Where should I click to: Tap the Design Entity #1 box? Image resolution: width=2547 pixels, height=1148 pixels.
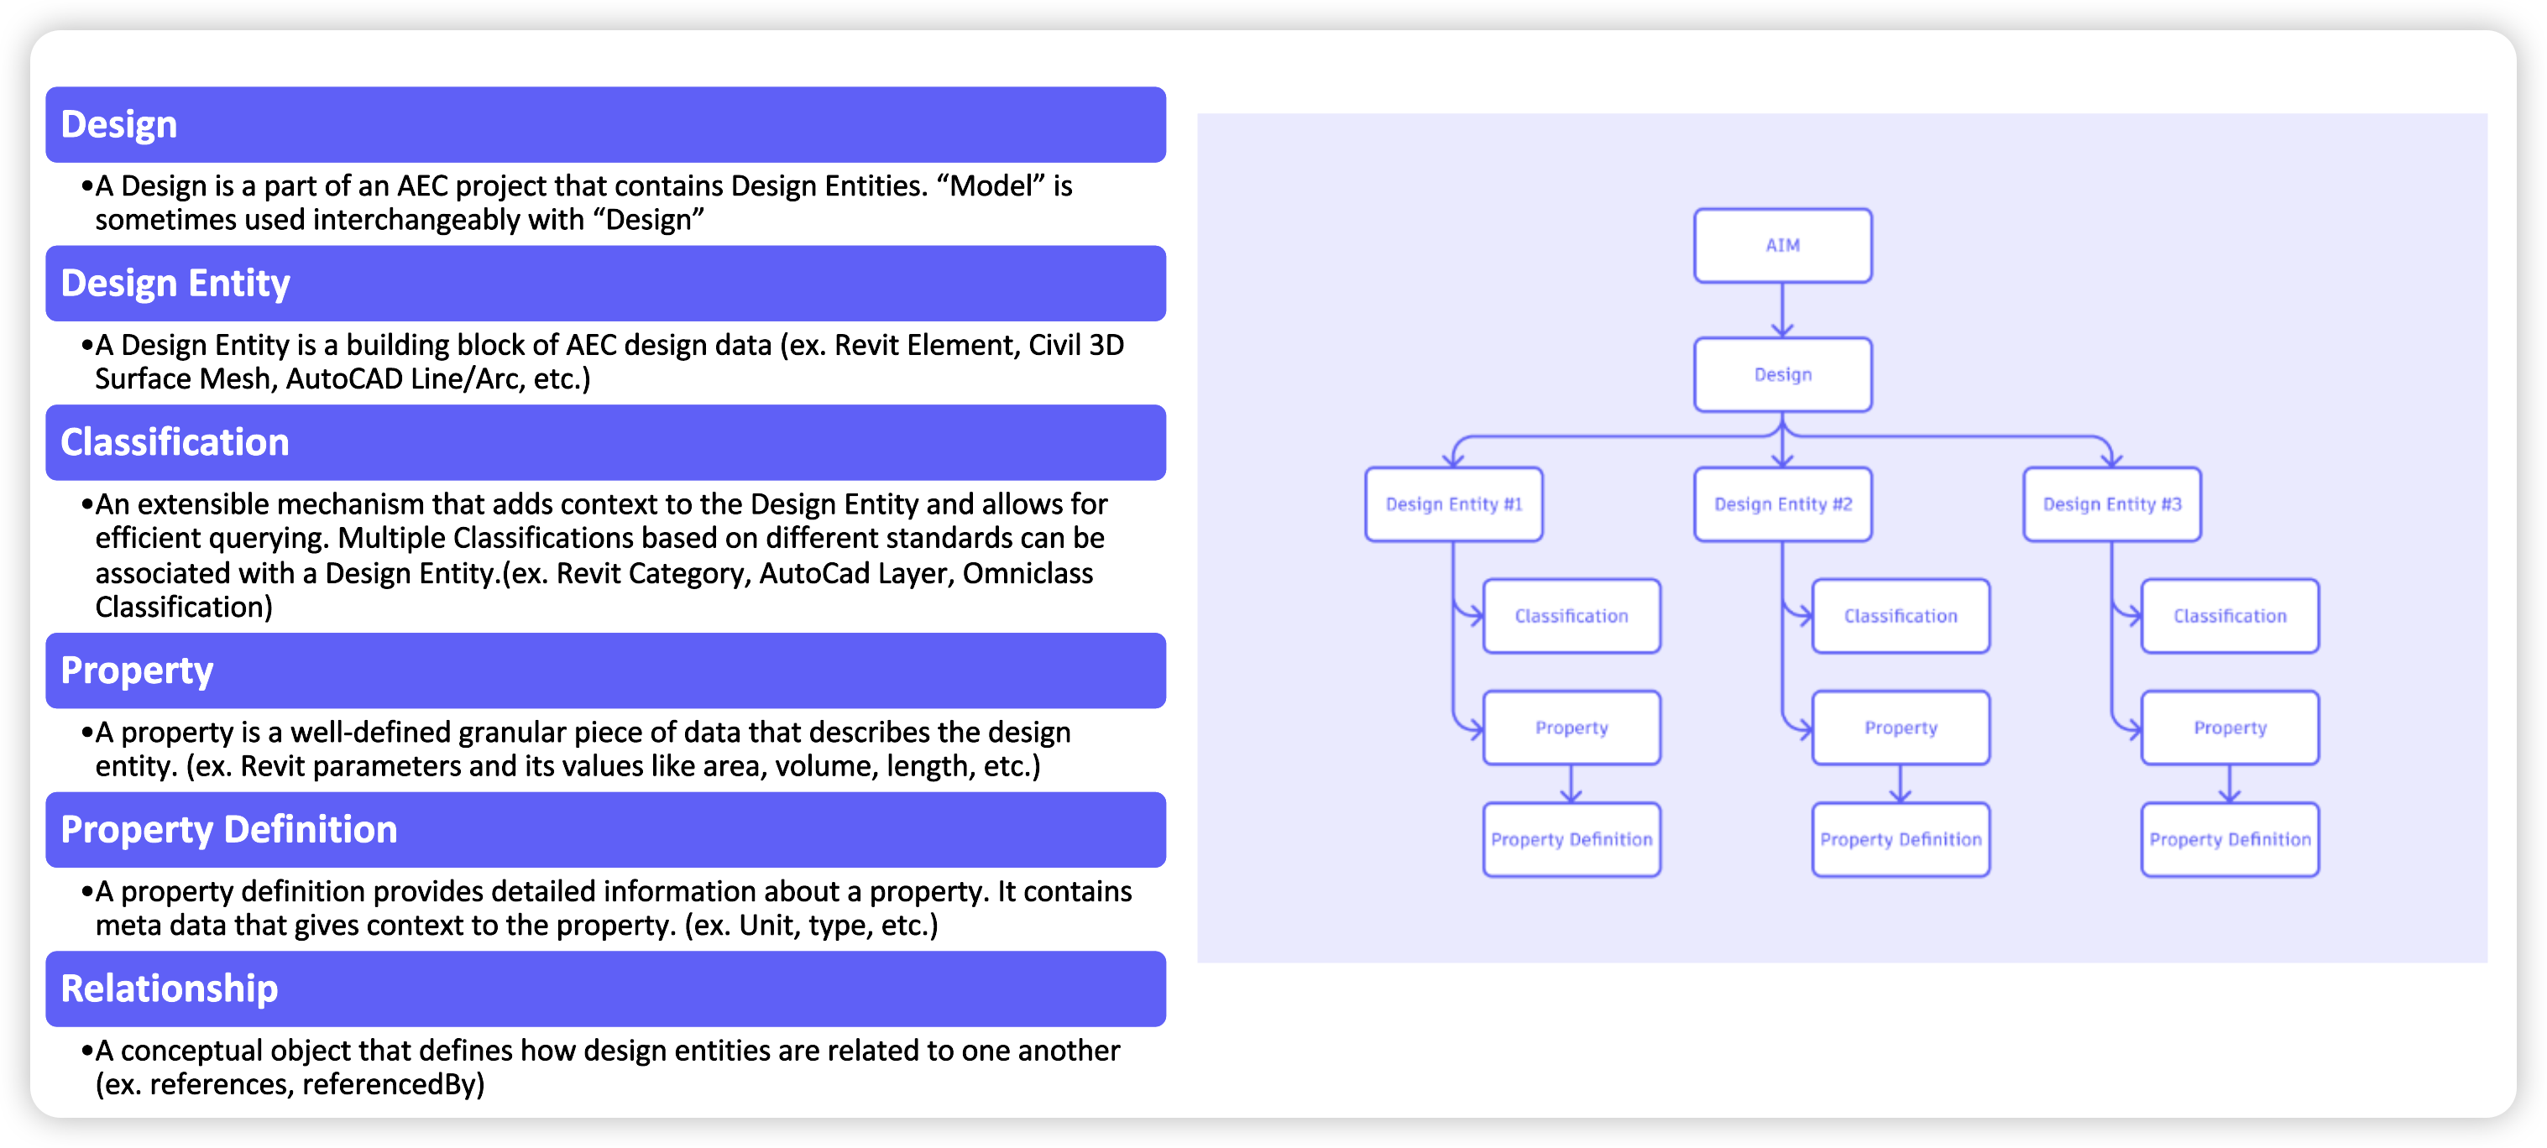[x=1453, y=504]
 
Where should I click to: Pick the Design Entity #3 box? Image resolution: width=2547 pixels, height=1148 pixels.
[x=2111, y=504]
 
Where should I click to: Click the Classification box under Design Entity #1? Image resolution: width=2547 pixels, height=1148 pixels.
[x=1572, y=616]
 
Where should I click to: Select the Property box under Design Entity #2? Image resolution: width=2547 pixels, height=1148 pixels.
[x=1901, y=728]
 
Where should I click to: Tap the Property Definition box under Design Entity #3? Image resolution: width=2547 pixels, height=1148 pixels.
[x=2230, y=839]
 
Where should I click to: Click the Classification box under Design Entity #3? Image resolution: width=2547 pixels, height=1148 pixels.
[x=2230, y=616]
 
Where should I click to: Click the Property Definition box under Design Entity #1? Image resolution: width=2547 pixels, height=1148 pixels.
[x=1572, y=839]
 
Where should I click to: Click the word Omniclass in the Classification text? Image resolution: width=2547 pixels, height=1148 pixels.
[x=1028, y=573]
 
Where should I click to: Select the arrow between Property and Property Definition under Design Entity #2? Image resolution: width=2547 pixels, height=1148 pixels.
[x=1901, y=783]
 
